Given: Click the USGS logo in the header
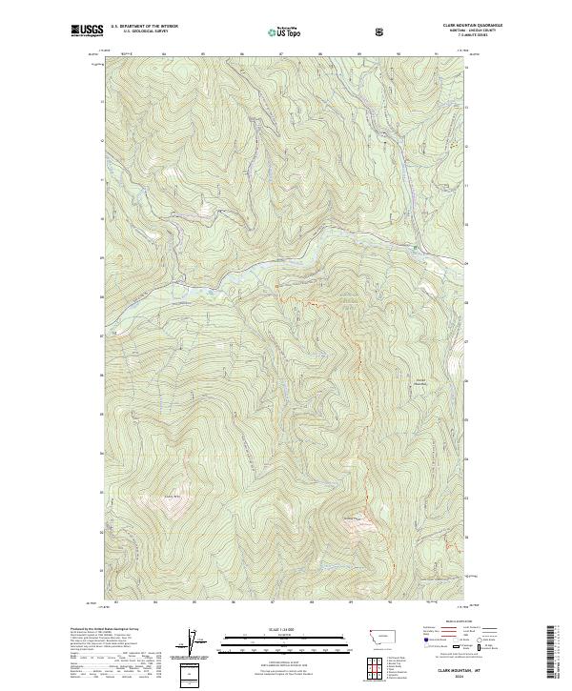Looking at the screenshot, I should (x=86, y=31).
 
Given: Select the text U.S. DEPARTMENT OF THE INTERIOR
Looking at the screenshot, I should (x=143, y=28).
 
